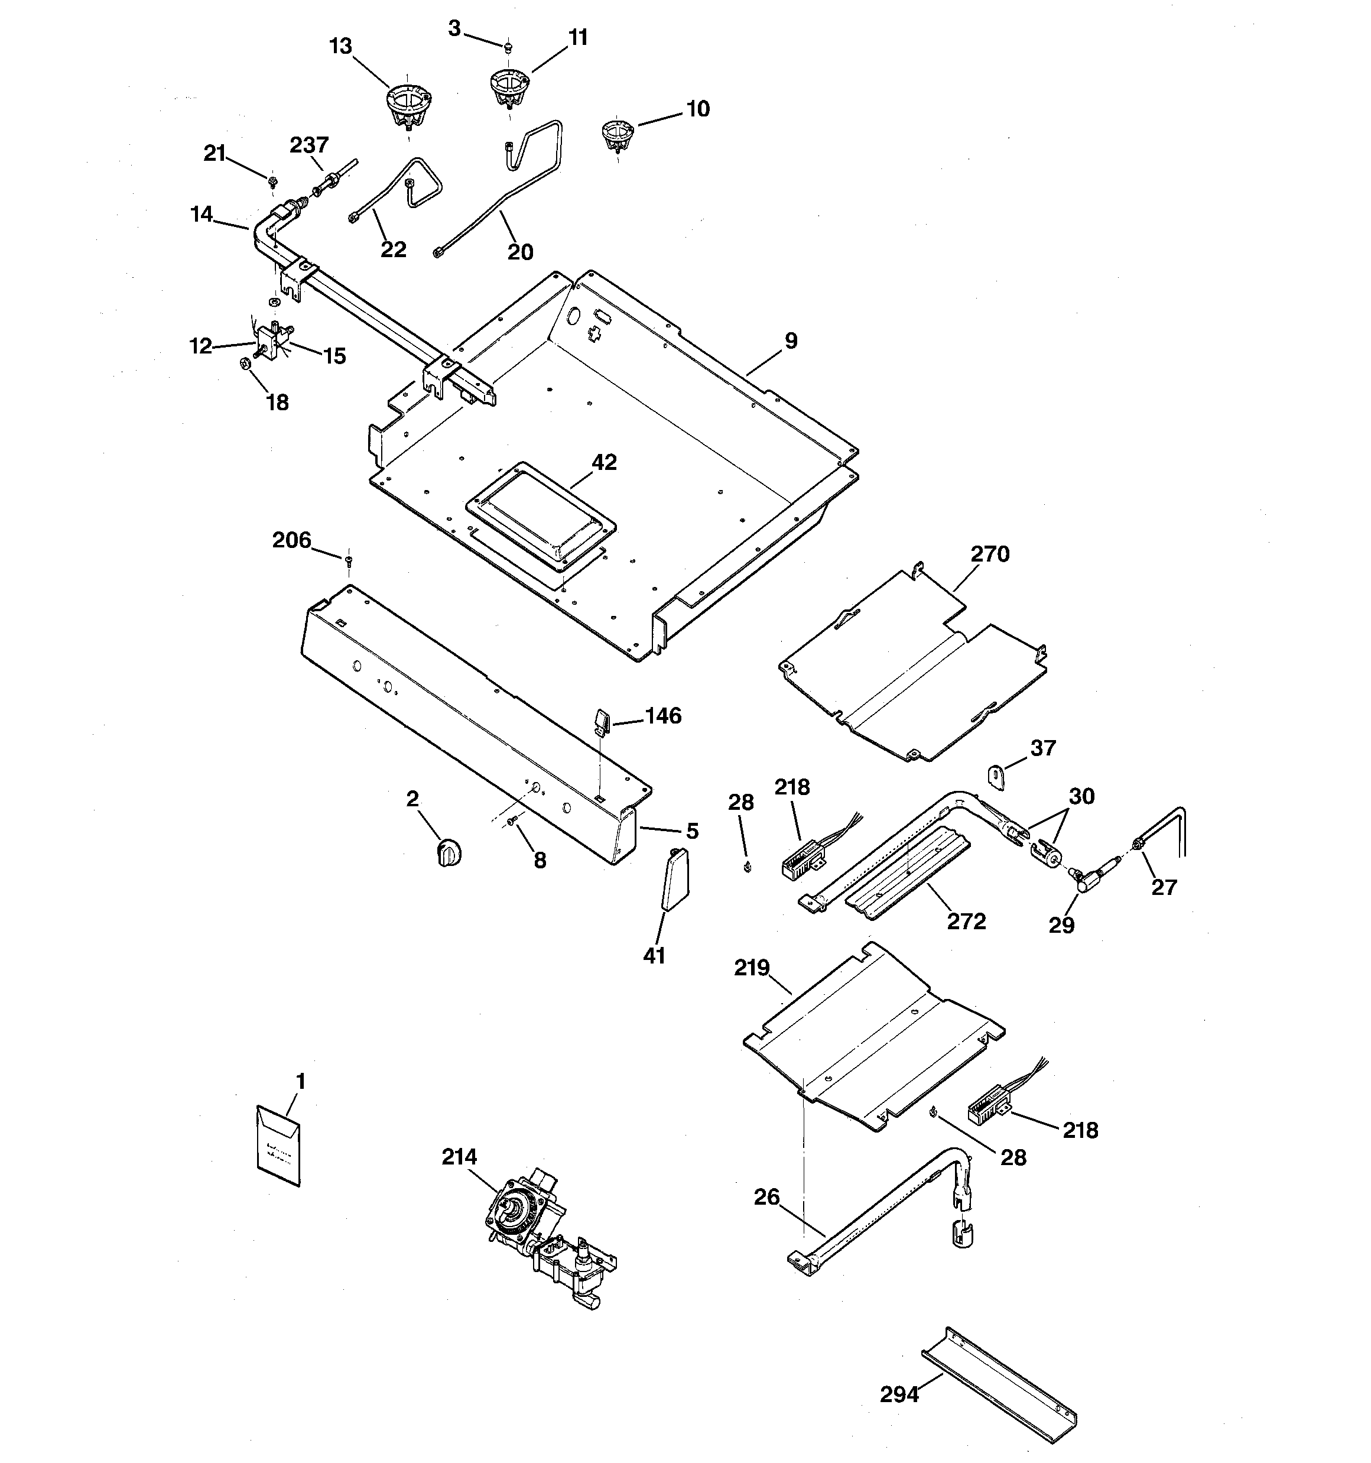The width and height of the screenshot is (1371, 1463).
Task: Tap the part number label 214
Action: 459,1157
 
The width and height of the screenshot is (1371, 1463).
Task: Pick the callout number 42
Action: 604,462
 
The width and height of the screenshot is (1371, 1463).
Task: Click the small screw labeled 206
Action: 349,562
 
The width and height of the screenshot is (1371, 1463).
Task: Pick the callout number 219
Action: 751,967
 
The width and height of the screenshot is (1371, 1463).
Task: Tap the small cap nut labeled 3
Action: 508,48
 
